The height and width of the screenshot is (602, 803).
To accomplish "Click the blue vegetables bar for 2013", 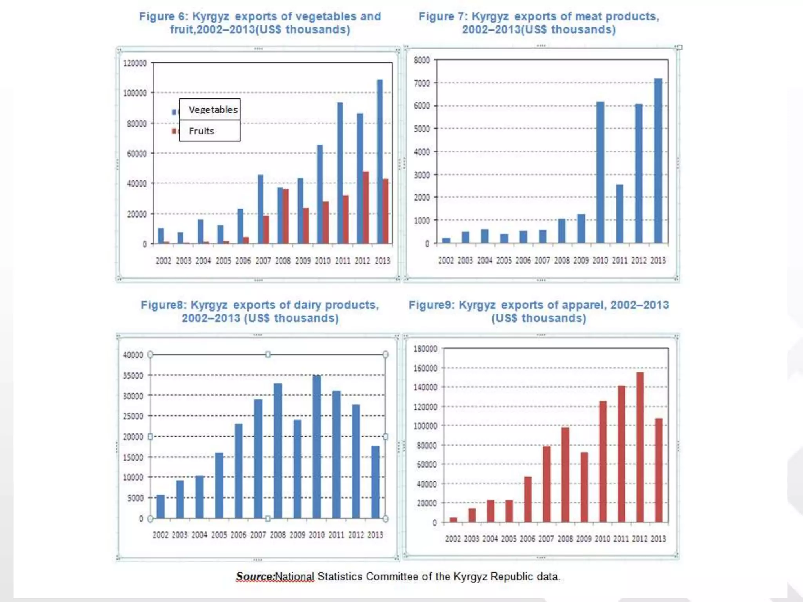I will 380,161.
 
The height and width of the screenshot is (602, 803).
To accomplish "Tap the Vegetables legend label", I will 213,110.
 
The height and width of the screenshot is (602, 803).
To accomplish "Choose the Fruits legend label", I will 202,131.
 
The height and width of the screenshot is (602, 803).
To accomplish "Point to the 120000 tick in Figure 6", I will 134,63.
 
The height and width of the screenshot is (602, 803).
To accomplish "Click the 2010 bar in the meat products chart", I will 600,172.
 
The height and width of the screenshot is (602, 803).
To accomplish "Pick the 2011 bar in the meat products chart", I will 620,214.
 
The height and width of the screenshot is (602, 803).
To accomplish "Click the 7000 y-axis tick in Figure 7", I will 422,83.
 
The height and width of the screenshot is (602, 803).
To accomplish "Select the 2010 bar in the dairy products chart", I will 317,447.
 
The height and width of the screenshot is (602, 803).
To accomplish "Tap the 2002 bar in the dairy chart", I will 160,506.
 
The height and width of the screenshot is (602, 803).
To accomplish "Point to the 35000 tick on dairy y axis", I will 133,375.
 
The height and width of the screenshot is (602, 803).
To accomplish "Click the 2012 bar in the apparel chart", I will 640,447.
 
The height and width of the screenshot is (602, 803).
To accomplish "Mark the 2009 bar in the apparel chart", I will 584,487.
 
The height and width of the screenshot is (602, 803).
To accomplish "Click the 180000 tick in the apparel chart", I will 425,348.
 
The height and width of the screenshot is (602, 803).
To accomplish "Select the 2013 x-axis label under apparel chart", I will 658,539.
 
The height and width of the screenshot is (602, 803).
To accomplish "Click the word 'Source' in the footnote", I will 254,577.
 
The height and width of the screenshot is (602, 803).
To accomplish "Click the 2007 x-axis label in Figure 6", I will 263,261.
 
